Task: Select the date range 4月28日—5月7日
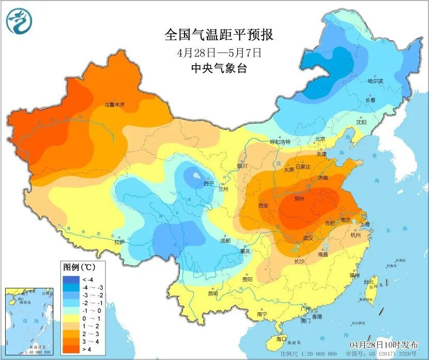click(219, 52)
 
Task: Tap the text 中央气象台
click(219, 68)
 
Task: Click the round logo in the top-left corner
click(20, 21)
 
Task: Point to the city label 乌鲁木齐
click(115, 104)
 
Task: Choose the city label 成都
click(225, 241)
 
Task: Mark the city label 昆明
click(213, 293)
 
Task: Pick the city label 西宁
click(208, 184)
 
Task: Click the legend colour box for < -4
click(70, 280)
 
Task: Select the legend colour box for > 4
click(70, 350)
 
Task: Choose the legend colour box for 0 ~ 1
click(70, 319)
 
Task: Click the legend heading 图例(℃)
click(78, 267)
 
